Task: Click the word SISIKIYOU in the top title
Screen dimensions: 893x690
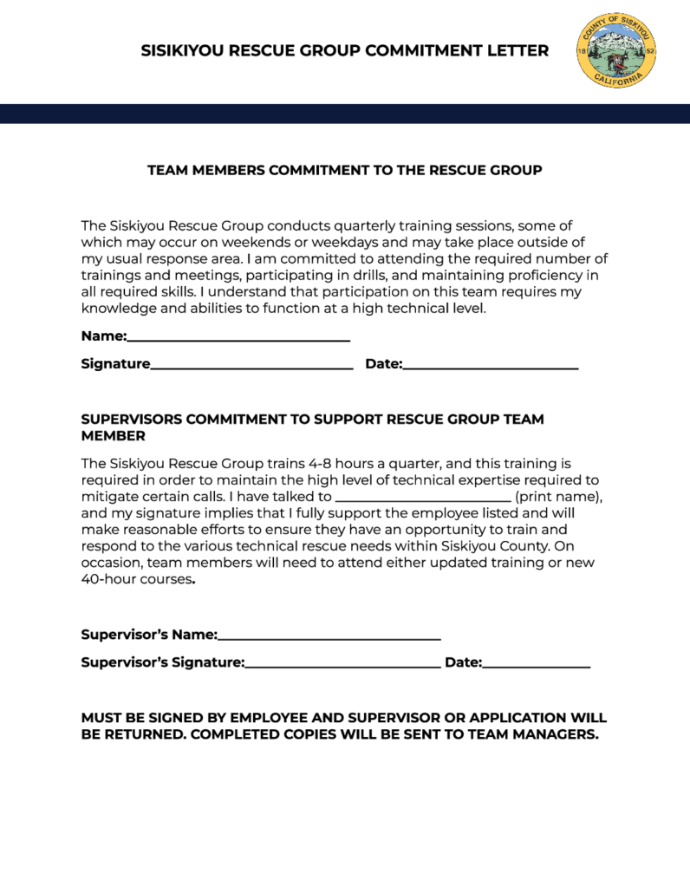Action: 182,51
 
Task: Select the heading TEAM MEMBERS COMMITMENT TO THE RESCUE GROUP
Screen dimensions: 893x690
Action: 345,170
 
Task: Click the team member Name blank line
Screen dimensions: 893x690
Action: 238,338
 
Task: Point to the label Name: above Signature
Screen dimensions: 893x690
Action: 104,336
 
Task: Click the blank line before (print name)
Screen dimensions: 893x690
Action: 423,500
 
